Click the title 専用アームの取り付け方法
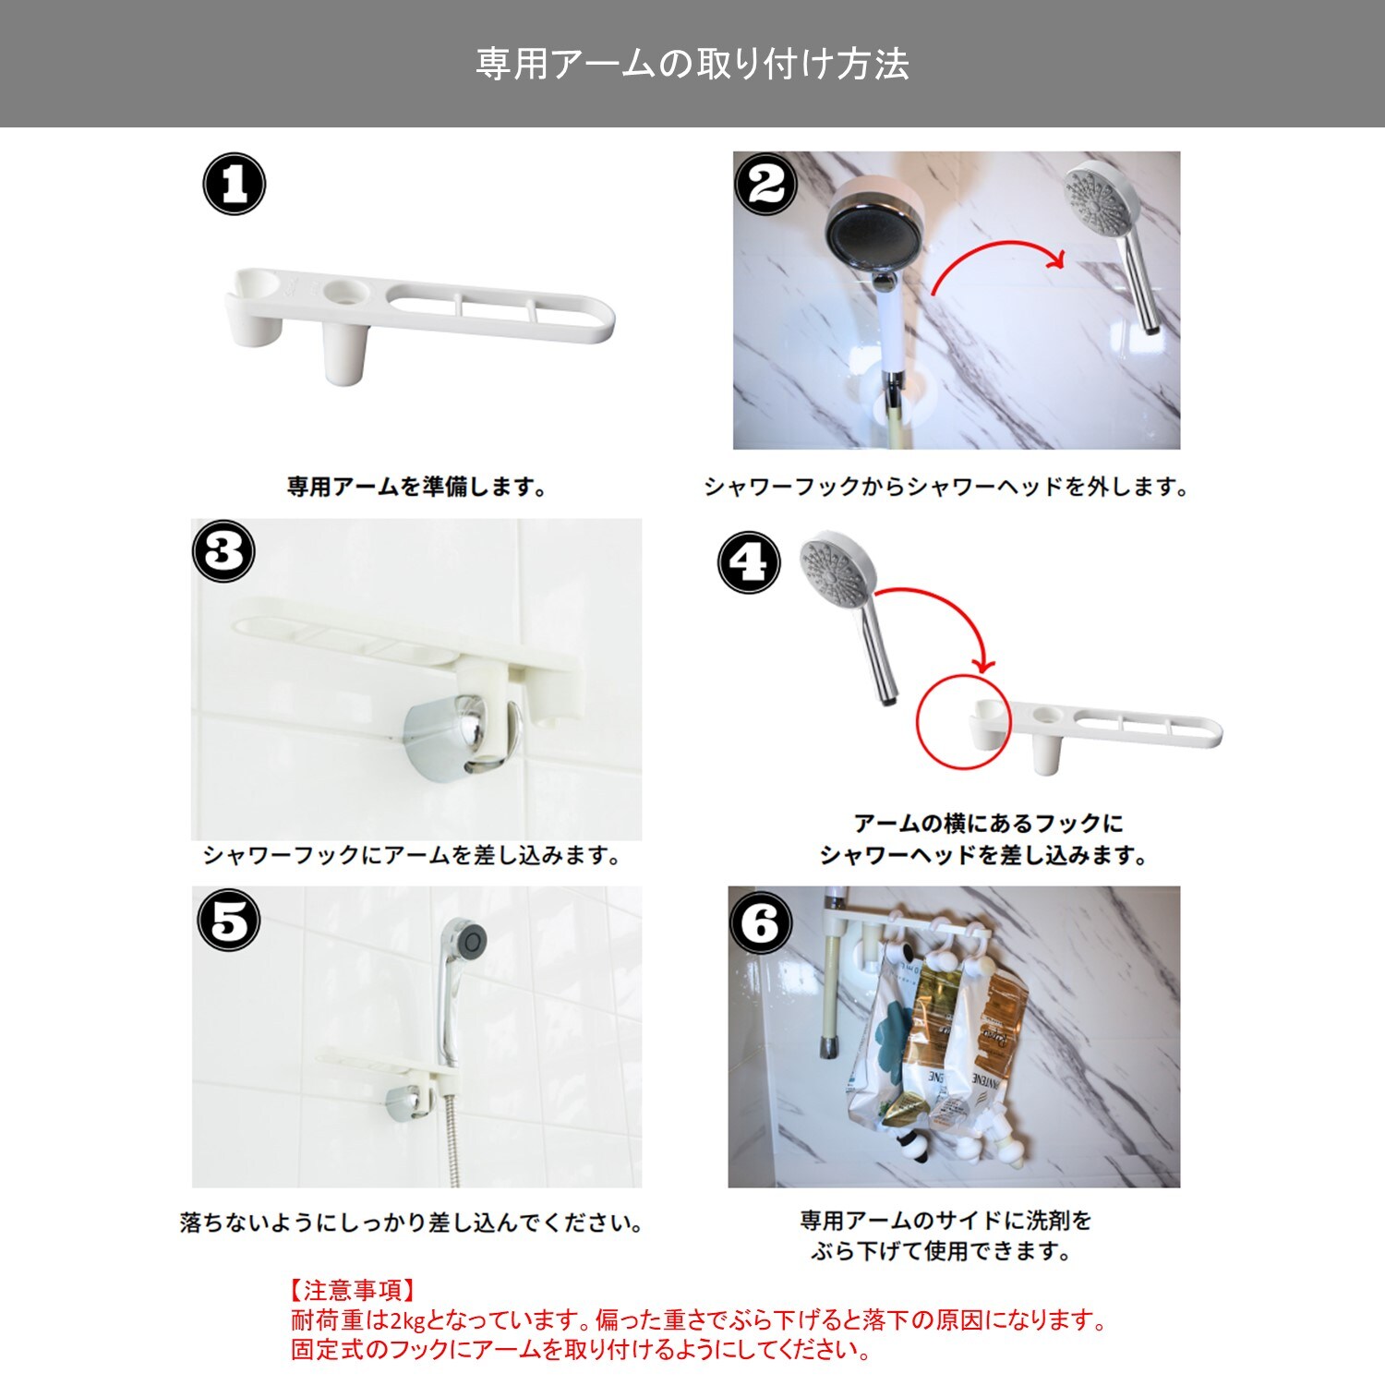pyautogui.click(x=692, y=64)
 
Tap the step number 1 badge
pyautogui.click(x=235, y=184)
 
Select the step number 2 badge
pyautogui.click(x=765, y=184)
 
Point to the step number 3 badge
pyautogui.click(x=223, y=551)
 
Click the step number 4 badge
pyautogui.click(x=749, y=562)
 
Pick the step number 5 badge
pyautogui.click(x=229, y=921)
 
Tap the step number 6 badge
pyautogui.click(x=761, y=922)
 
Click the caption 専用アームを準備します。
pyautogui.click(x=417, y=487)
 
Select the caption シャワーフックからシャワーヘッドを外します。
pyautogui.click(x=946, y=487)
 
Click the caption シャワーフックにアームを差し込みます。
pyautogui.click(x=412, y=856)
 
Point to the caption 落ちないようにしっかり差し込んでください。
pyautogui.click(x=412, y=1223)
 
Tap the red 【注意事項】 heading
pyautogui.click(x=353, y=1290)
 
